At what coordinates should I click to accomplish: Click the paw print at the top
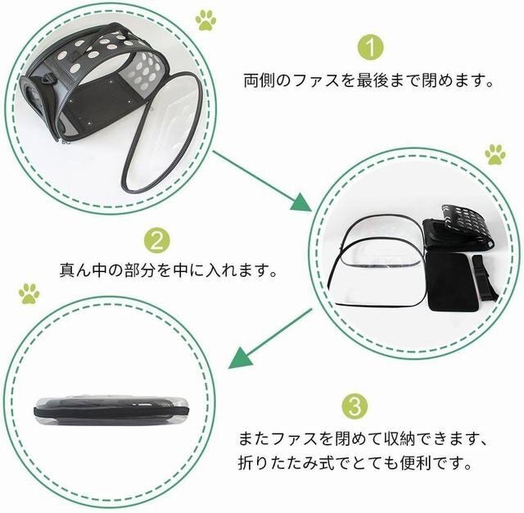pyautogui.click(x=206, y=19)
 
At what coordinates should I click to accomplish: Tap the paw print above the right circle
pyautogui.click(x=495, y=153)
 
